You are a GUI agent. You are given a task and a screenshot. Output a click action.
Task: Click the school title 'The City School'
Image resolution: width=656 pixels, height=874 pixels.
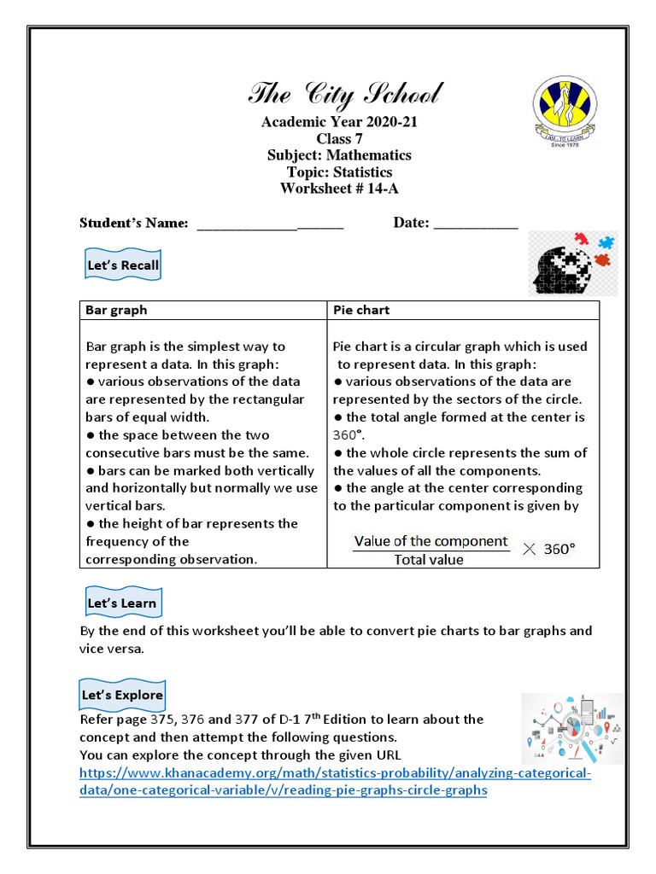pyautogui.click(x=345, y=94)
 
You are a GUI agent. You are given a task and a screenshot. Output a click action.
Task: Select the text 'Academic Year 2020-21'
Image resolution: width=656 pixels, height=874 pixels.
pyautogui.click(x=339, y=122)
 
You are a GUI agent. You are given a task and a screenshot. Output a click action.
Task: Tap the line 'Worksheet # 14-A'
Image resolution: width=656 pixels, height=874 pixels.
pyautogui.click(x=339, y=188)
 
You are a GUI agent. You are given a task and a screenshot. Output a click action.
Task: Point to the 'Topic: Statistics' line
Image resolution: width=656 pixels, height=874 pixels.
pyautogui.click(x=339, y=172)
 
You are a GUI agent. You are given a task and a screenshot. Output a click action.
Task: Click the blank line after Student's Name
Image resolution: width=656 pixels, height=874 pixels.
pyautogui.click(x=270, y=224)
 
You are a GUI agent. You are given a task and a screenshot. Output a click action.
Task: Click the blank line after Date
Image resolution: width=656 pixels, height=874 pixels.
pyautogui.click(x=476, y=224)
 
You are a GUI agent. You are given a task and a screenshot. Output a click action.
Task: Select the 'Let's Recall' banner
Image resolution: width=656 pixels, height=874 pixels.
pyautogui.click(x=123, y=265)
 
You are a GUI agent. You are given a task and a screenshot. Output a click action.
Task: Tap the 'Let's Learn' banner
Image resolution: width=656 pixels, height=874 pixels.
pyautogui.click(x=122, y=603)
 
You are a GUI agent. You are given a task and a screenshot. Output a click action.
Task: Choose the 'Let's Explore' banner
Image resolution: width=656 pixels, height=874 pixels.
pyautogui.click(x=122, y=695)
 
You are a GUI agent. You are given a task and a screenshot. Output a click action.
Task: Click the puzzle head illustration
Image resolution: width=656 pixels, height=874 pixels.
pyautogui.click(x=571, y=263)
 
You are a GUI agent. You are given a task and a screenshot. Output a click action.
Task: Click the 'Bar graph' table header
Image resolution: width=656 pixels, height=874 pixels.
pyautogui.click(x=116, y=310)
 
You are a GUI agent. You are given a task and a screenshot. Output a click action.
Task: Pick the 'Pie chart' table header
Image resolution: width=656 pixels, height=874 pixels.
pyautogui.click(x=361, y=310)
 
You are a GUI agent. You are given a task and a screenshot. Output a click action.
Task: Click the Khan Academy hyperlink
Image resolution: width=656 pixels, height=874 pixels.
pyautogui.click(x=334, y=782)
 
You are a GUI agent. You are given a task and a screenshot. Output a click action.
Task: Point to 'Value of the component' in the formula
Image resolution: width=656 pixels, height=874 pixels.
pyautogui.click(x=430, y=541)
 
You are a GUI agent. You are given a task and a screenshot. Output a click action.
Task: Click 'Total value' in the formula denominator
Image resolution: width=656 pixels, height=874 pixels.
pyautogui.click(x=429, y=560)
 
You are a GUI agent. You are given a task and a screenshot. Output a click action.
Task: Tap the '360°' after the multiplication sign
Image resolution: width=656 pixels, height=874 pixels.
pyautogui.click(x=559, y=550)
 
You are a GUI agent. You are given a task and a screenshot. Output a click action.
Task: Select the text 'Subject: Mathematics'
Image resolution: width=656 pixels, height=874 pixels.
pyautogui.click(x=339, y=155)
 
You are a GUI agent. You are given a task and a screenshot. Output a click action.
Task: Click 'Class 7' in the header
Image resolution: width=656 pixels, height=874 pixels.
pyautogui.click(x=339, y=138)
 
